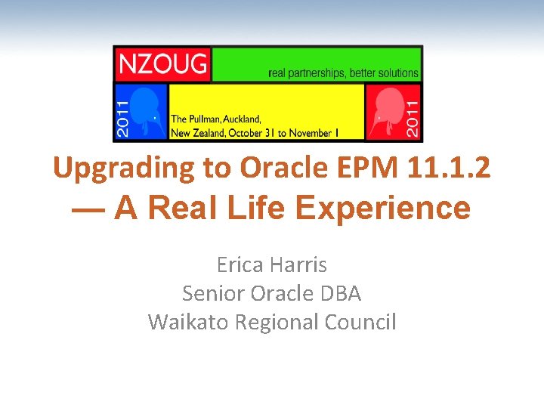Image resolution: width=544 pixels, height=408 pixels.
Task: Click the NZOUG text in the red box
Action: (162, 64)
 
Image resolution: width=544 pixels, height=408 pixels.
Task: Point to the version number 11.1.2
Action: (447, 168)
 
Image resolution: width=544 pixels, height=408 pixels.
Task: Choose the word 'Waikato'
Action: (188, 322)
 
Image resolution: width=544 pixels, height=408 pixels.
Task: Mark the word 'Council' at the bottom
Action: (360, 322)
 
